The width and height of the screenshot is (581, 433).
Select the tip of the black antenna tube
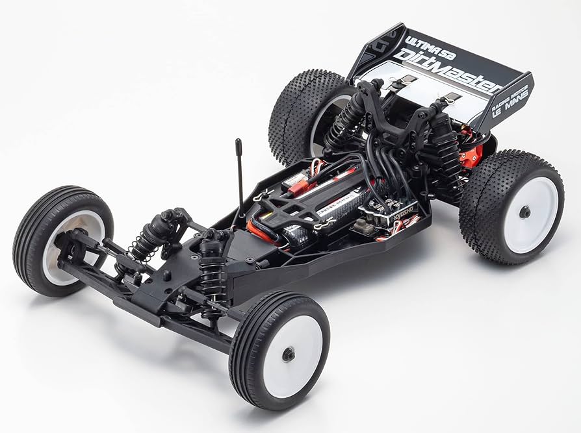click(238, 142)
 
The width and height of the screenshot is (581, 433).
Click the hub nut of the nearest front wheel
click(288, 354)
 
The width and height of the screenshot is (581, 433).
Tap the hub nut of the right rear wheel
click(524, 212)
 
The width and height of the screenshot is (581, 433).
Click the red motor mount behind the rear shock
click(472, 156)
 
